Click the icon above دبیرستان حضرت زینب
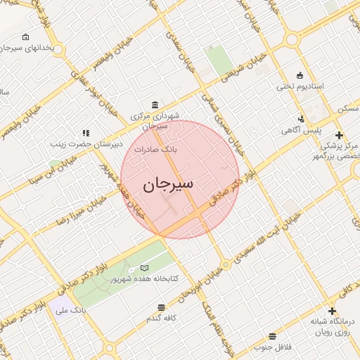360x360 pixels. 86,132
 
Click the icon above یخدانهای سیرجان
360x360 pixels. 26,37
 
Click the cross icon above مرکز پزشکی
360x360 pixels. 339,134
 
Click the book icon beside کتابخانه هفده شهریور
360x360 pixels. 144,268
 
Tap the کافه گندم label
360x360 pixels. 161,318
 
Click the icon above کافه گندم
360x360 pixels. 162,307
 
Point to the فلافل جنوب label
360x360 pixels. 273,347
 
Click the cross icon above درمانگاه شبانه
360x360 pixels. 332,311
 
